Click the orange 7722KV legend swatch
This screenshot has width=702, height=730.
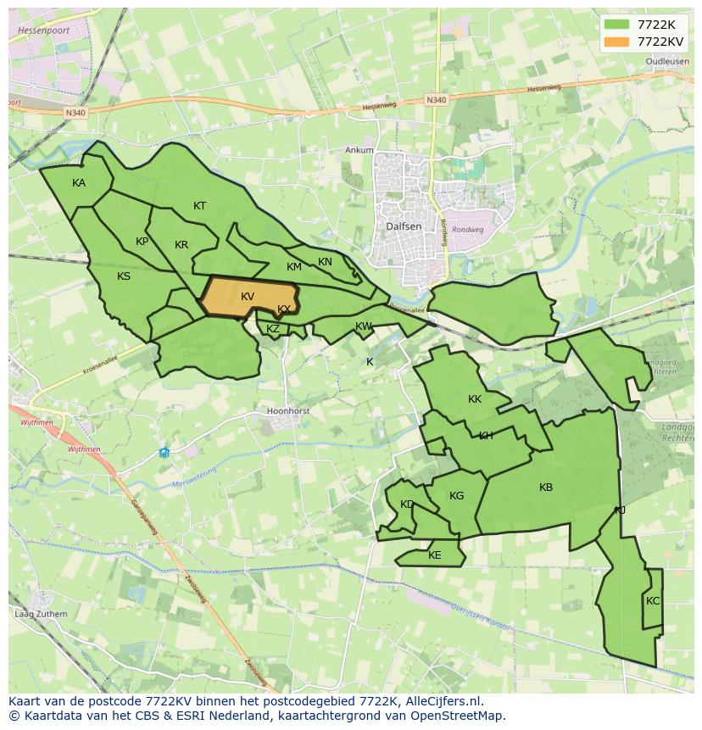point(617,42)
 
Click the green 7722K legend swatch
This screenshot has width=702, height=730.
point(617,25)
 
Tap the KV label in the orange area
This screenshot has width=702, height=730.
point(248,297)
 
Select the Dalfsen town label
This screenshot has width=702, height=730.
point(403,227)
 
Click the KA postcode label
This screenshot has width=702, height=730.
point(79,183)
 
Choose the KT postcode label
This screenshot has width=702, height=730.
point(200,206)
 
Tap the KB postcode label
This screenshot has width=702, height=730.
point(546,488)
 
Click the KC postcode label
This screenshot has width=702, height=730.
point(652,601)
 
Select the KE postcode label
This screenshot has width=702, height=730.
point(435,556)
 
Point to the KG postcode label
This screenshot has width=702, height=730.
point(457,497)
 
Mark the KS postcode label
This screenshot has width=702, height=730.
point(124,276)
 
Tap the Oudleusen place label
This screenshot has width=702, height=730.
point(666,62)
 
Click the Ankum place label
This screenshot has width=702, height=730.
point(359,150)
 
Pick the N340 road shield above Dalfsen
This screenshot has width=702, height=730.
point(436,100)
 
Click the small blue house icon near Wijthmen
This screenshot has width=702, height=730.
point(164,453)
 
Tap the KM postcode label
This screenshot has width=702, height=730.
point(294,267)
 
